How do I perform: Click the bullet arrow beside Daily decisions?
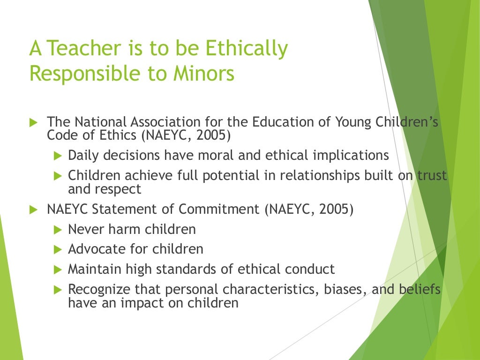tap(58, 156)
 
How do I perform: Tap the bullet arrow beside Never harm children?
tap(58, 230)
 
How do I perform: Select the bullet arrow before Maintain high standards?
tap(58, 270)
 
